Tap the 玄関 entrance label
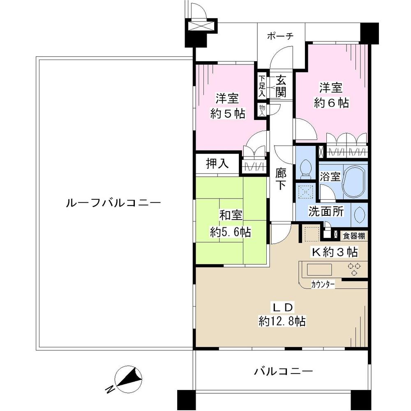point(281,85)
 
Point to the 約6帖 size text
point(331,103)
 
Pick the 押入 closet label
point(217,164)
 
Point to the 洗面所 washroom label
point(327,212)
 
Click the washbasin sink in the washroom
point(358,214)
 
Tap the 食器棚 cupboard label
point(354,236)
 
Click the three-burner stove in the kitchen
point(354,269)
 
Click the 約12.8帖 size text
point(282,321)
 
